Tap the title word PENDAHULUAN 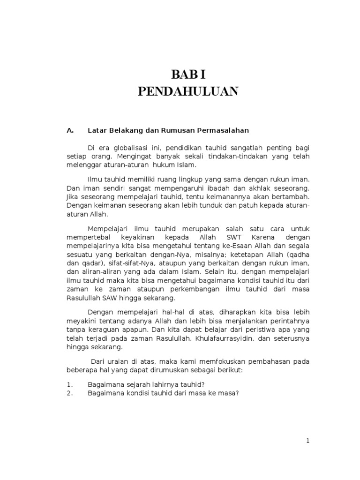(x=188, y=91)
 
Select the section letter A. (x=71, y=130)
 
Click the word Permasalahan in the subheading (x=223, y=130)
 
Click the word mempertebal (x=86, y=238)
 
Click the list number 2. (x=69, y=393)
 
